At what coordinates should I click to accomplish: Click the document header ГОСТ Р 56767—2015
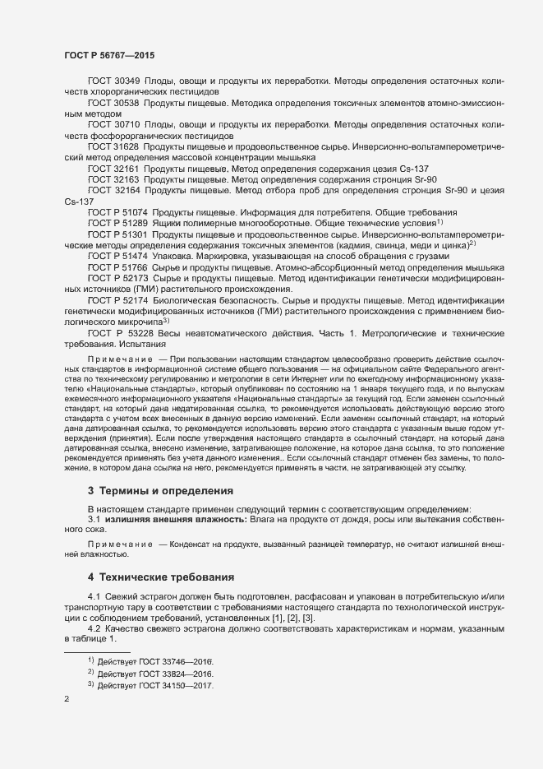[x=108, y=54]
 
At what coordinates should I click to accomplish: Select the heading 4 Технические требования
[x=161, y=577]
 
